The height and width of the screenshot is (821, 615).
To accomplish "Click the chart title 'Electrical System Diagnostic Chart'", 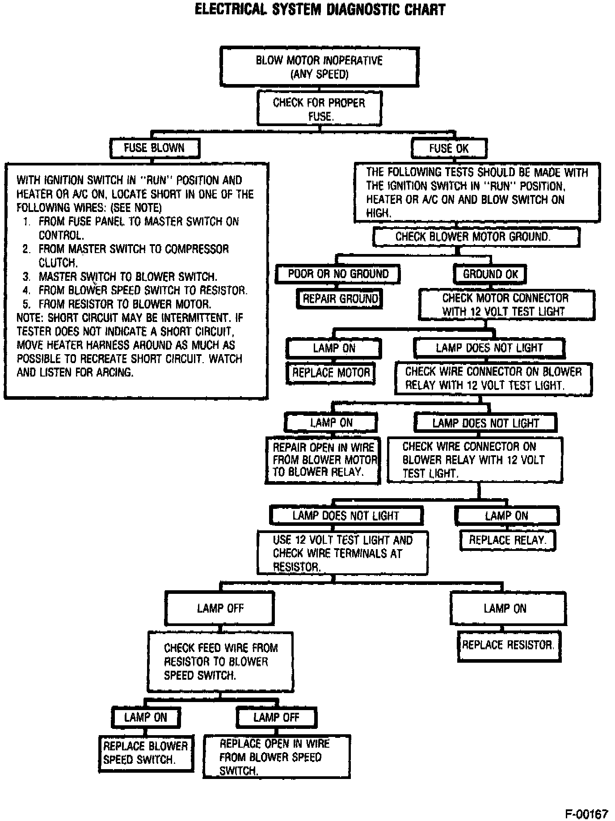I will coord(320,10).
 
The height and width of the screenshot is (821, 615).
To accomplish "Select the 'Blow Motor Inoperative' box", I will coord(319,67).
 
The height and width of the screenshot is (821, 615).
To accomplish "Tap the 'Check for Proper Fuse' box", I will coord(319,109).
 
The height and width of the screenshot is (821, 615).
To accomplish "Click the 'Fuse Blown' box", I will coord(154,148).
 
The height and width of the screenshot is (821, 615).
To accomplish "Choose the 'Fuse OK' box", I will coord(449,148).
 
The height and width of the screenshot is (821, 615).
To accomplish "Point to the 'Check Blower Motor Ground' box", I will coord(476,237).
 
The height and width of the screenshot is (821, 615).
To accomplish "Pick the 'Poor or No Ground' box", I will coord(338,274).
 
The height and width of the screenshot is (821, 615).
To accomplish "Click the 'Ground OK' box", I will coord(490,274).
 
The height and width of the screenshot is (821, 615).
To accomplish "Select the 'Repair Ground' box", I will coord(340,299).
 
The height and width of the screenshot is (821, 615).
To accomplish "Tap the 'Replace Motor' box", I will coord(331,373).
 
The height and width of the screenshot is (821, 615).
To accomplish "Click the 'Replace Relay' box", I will coord(507,540).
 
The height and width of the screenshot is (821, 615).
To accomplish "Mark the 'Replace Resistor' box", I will coord(508,645).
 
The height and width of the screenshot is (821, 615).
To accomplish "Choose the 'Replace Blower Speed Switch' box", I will coord(146,753).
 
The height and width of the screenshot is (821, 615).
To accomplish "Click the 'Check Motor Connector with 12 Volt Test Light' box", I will coord(506,305).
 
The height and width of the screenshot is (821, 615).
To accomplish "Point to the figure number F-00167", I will coord(586,813).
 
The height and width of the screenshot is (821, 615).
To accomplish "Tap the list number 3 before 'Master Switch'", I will coord(27,277).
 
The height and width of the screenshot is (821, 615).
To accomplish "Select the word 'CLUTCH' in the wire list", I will coord(58,263).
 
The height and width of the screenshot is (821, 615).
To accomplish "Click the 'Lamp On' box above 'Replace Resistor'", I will coord(508,609).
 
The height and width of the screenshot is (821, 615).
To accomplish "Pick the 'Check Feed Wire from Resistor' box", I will coord(220,661).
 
